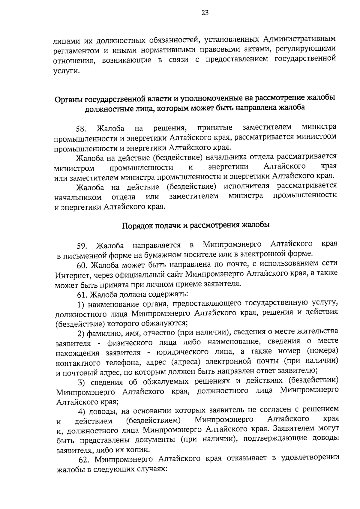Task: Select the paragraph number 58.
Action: (x=81, y=129)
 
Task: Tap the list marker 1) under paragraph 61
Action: (x=81, y=305)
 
